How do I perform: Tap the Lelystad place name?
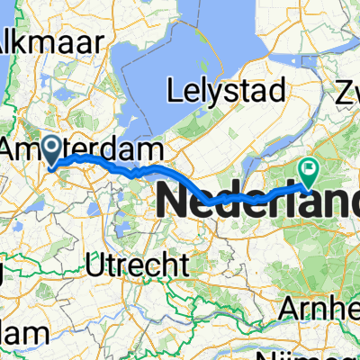point(227,90)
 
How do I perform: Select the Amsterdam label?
point(85,149)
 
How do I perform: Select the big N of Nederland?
point(175,200)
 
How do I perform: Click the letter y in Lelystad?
point(215,93)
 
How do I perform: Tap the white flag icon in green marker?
point(310,166)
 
